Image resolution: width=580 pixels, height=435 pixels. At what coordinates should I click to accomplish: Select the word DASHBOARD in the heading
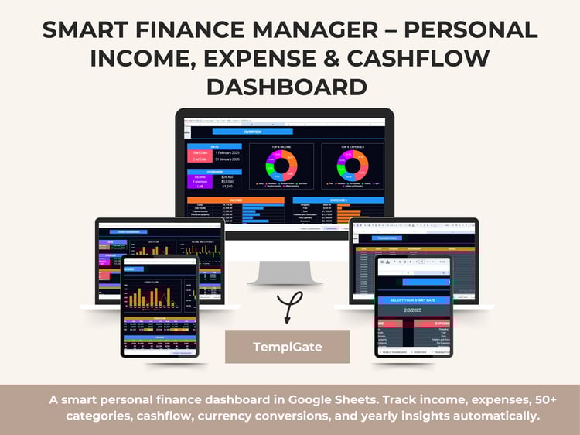[x=290, y=86]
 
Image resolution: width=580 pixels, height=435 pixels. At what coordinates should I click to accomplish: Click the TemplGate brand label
[x=287, y=346]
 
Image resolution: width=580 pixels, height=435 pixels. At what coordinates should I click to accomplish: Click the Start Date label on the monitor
[x=199, y=152]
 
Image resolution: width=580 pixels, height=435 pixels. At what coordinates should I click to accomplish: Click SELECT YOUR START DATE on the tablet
[x=413, y=300]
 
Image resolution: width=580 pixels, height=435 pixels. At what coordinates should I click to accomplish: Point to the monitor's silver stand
[x=285, y=271]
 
